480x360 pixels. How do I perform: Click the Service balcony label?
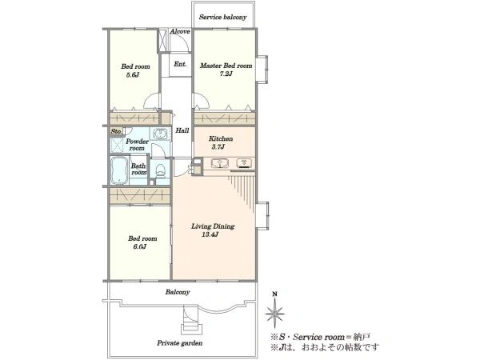click(222, 17)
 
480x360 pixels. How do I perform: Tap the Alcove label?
click(180, 31)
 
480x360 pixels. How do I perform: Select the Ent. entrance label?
click(180, 64)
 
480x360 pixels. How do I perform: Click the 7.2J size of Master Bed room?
click(226, 74)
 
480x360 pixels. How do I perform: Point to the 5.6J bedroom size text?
click(133, 74)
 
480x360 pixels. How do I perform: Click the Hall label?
click(182, 130)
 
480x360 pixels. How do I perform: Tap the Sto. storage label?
click(116, 131)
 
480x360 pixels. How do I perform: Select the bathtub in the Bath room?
click(119, 170)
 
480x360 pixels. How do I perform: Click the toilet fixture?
click(160, 170)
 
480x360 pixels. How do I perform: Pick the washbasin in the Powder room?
click(160, 134)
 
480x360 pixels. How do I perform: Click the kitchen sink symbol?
click(220, 163)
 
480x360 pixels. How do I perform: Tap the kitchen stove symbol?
click(245, 163)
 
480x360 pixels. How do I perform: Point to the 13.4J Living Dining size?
click(210, 234)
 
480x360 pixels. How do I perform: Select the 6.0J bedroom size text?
click(139, 246)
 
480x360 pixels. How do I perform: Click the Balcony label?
click(178, 292)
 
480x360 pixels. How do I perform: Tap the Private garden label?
click(180, 343)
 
